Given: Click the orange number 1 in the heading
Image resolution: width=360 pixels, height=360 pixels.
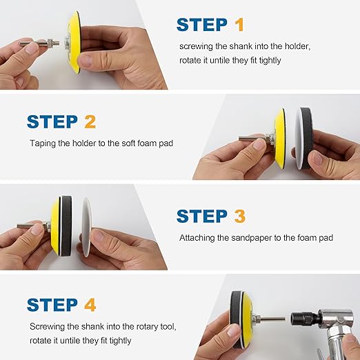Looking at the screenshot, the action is (x=239, y=25).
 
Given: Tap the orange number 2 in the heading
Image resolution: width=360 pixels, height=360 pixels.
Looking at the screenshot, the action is (x=90, y=121).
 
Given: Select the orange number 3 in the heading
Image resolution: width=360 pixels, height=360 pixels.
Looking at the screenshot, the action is (x=240, y=216).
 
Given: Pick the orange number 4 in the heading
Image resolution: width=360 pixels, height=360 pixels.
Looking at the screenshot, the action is (x=90, y=305).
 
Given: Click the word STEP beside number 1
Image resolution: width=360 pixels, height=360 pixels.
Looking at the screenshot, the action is (x=202, y=25).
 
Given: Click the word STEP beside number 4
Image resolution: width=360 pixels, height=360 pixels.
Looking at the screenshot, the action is (x=52, y=305).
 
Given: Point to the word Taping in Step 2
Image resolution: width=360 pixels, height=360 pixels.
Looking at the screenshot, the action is (x=43, y=143).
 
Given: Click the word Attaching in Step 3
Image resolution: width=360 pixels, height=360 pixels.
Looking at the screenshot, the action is (x=197, y=238).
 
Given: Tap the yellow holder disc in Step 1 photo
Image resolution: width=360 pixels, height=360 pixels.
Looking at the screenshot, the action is (x=74, y=42).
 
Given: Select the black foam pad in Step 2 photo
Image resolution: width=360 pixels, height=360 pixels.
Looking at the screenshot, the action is (x=306, y=138).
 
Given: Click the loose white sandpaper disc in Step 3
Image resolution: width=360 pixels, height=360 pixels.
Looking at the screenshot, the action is (x=87, y=227).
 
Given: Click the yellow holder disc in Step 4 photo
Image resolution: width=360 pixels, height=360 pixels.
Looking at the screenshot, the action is (x=247, y=319).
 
